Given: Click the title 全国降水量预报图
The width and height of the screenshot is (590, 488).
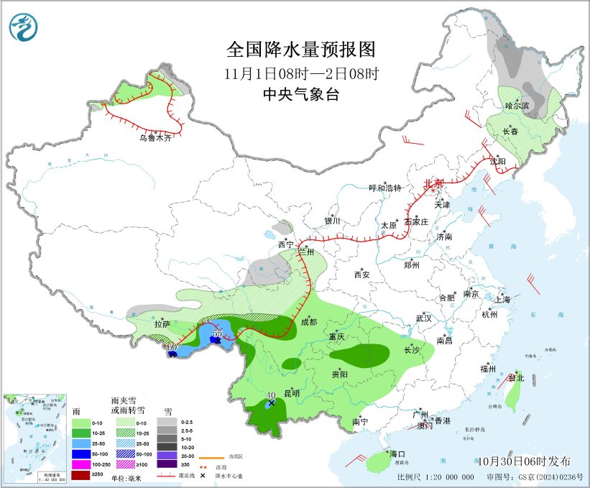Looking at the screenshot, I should click(301, 50).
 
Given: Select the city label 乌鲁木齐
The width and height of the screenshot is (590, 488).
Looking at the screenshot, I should click(155, 137).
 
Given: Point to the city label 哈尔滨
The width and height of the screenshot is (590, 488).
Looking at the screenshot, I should click(517, 106).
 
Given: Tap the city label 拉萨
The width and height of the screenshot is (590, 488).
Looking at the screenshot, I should click(162, 324).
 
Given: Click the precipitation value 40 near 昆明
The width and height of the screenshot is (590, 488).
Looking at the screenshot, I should click(271, 395).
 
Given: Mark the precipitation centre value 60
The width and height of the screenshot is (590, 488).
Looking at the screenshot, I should click(172, 348).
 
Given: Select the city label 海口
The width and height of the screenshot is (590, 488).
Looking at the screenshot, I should click(397, 454).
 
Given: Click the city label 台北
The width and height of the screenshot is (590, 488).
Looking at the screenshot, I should click(517, 377).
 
